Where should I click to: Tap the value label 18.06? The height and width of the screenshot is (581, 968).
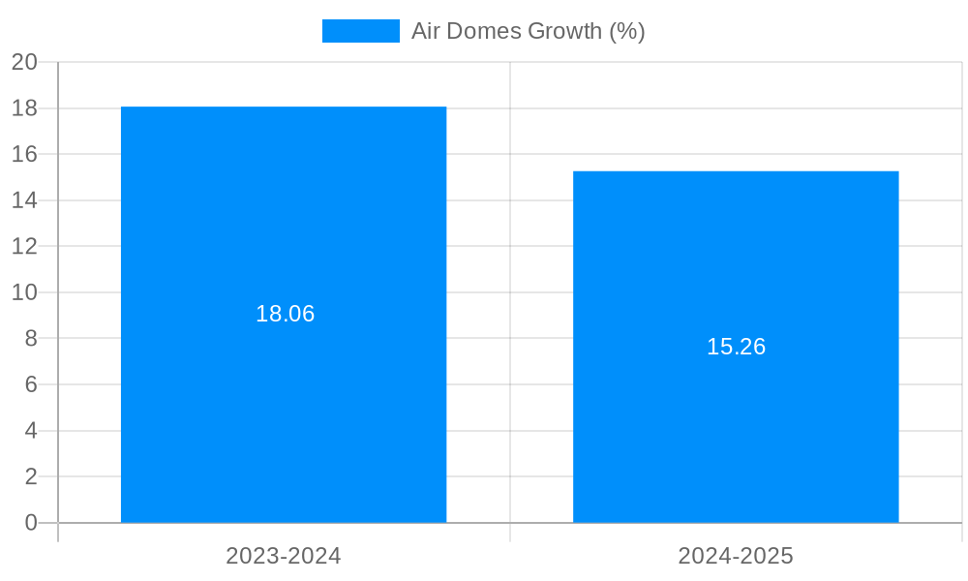pos(285,314)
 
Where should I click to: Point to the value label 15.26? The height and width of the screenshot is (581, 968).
pos(736,347)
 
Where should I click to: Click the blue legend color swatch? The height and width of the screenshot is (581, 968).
pos(360,31)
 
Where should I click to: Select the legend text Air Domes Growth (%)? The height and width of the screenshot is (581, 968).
pos(528,31)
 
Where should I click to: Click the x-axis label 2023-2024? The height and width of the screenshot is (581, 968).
pos(284,556)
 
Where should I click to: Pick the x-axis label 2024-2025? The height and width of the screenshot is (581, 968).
pos(736,556)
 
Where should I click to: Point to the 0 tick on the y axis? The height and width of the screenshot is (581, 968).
pos(31,523)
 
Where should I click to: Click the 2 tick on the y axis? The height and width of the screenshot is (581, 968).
pos(31,476)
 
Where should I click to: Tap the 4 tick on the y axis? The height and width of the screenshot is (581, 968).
pos(31,431)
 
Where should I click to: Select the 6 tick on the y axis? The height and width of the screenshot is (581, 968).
pos(31,384)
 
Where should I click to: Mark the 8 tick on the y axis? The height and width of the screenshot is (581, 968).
pos(31,338)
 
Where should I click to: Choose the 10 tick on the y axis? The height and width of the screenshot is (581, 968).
pos(25,292)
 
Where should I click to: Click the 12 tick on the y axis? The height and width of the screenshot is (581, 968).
pos(25,246)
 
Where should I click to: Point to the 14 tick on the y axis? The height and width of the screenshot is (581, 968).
pos(25,200)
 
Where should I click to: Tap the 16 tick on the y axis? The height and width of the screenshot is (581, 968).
pos(25,154)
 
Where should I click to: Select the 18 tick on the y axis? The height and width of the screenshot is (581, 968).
pos(25,108)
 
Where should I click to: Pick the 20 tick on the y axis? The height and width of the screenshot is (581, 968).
pos(25,62)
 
